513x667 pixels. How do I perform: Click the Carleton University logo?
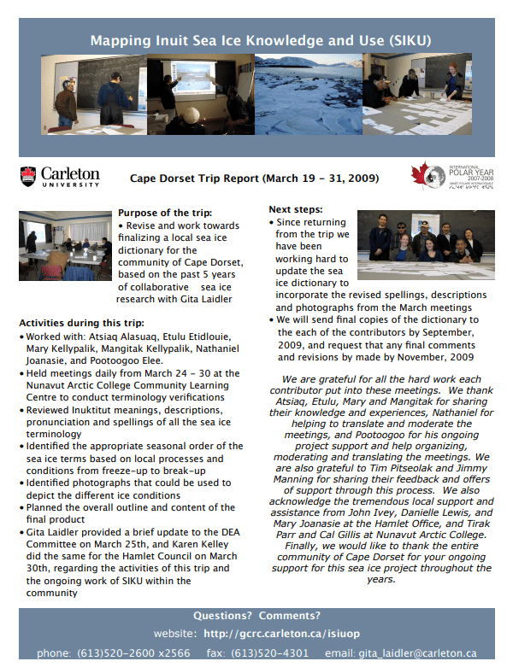pyautogui.click(x=59, y=177)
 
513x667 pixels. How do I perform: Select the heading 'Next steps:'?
pyautogui.click(x=296, y=209)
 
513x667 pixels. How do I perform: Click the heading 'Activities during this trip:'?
pyautogui.click(x=82, y=323)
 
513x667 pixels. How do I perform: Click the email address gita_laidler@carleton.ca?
pyautogui.click(x=427, y=653)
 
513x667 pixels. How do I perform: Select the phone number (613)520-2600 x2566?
pyautogui.click(x=133, y=653)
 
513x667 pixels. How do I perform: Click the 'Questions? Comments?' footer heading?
pyautogui.click(x=256, y=615)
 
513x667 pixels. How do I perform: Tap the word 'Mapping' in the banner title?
pyautogui.click(x=115, y=40)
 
